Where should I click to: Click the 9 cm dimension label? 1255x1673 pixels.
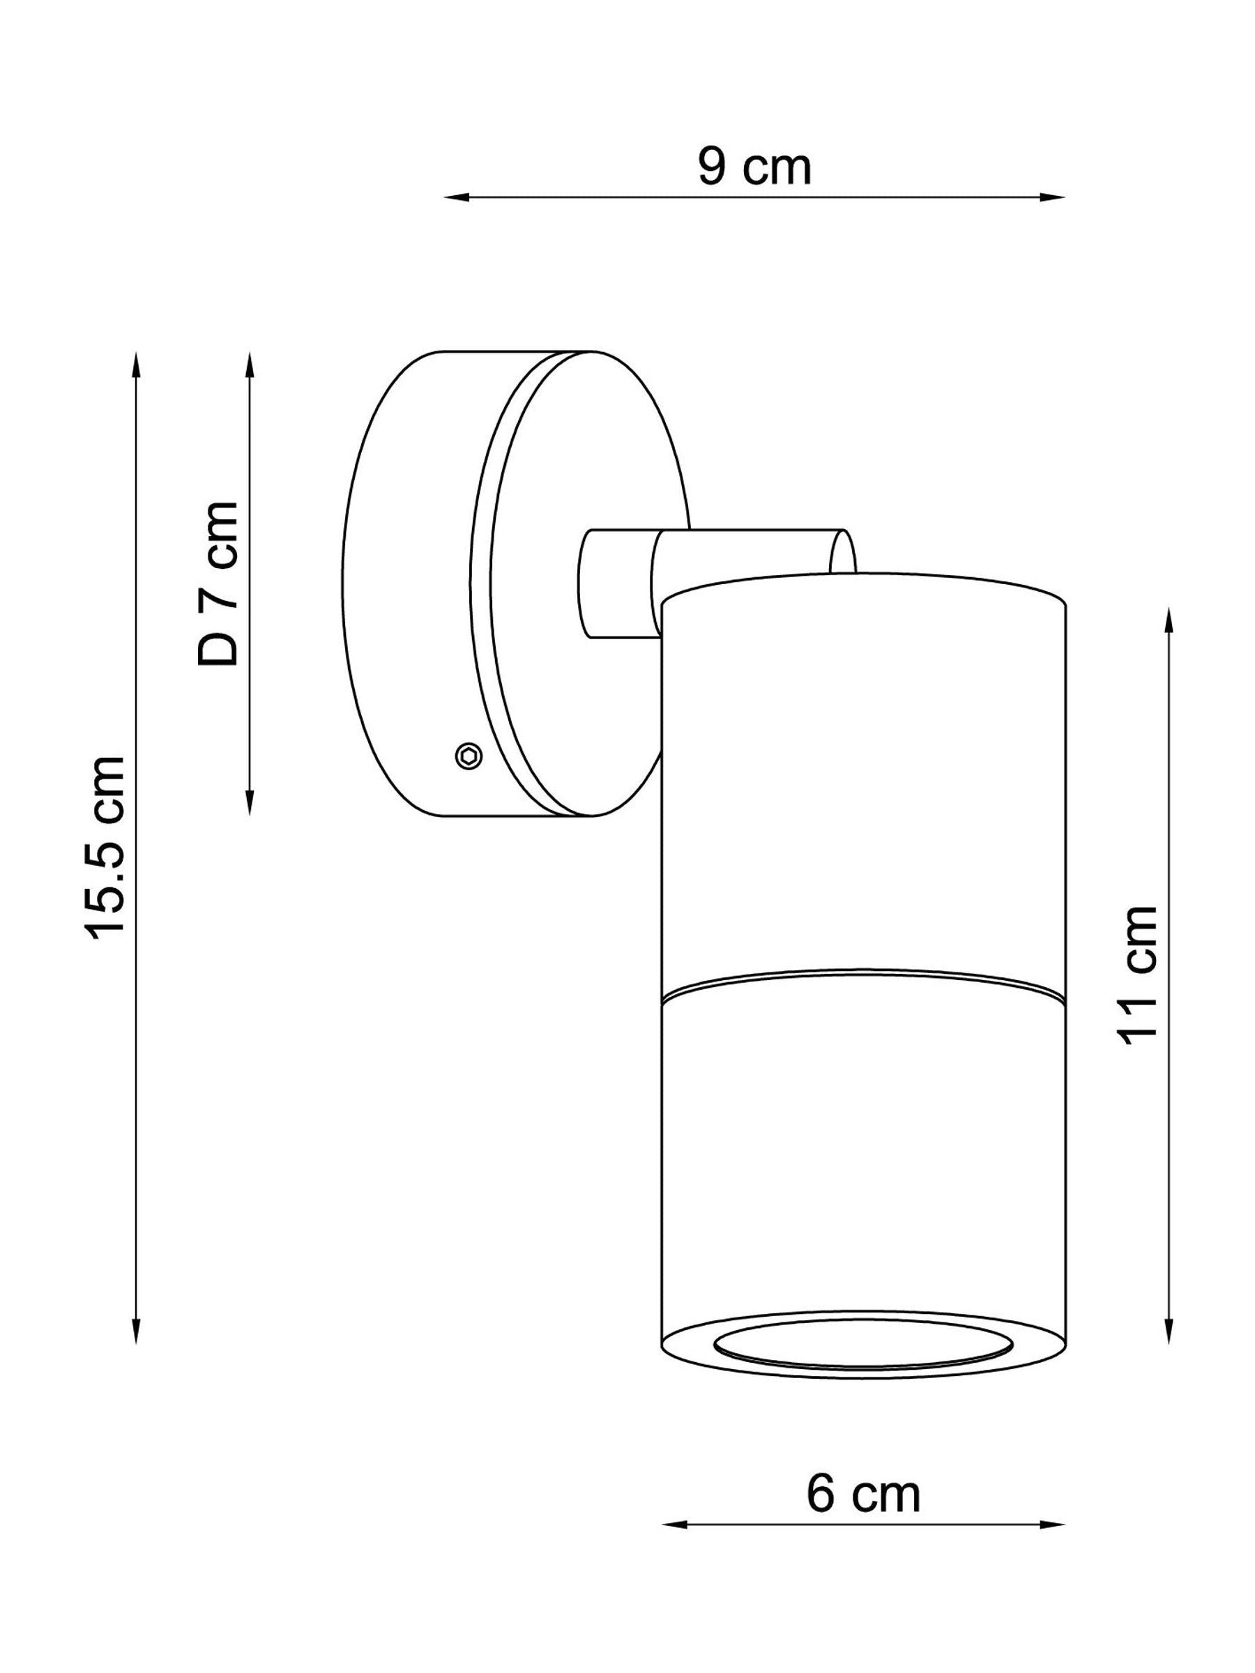754,167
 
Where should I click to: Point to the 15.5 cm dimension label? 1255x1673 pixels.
105,848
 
